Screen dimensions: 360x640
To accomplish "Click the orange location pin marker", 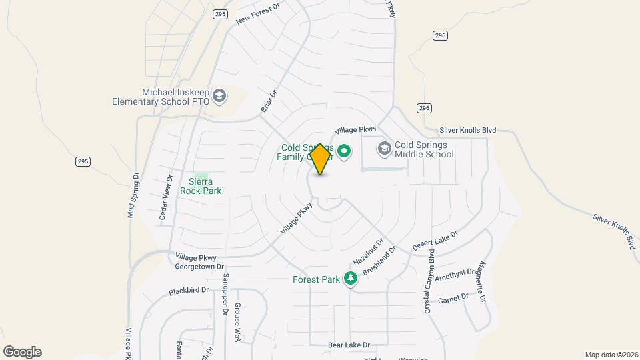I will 320,159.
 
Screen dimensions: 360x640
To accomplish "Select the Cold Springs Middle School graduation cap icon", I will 384,148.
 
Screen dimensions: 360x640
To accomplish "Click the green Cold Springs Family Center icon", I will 344,151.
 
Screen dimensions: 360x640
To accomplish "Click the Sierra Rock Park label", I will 201,185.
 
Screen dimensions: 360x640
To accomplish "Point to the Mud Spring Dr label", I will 133,195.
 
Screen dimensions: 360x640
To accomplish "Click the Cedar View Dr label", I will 166,195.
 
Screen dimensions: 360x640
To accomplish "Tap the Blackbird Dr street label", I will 189,291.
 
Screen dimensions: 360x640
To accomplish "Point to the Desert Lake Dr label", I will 435,241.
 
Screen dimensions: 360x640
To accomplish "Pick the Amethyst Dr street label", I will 457,273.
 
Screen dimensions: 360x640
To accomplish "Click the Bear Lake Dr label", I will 349,345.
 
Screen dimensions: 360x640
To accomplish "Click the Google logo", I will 22,351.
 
